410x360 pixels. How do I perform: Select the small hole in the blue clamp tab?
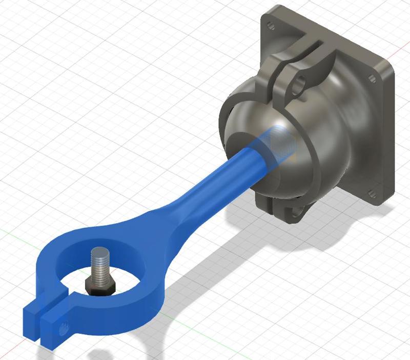(x=65, y=325)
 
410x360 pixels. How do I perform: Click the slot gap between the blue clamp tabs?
(x=40, y=318)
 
